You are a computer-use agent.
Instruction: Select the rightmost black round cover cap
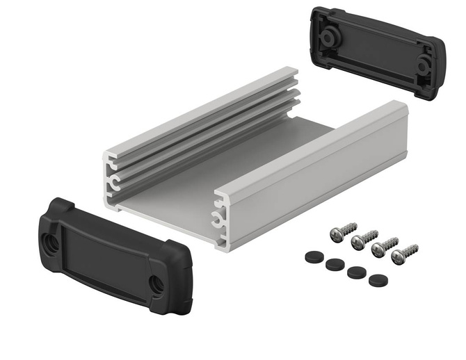(378, 280)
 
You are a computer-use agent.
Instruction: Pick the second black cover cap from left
(335, 264)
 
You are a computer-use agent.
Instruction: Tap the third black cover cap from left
(356, 272)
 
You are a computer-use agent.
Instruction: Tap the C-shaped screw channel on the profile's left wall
(111, 183)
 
